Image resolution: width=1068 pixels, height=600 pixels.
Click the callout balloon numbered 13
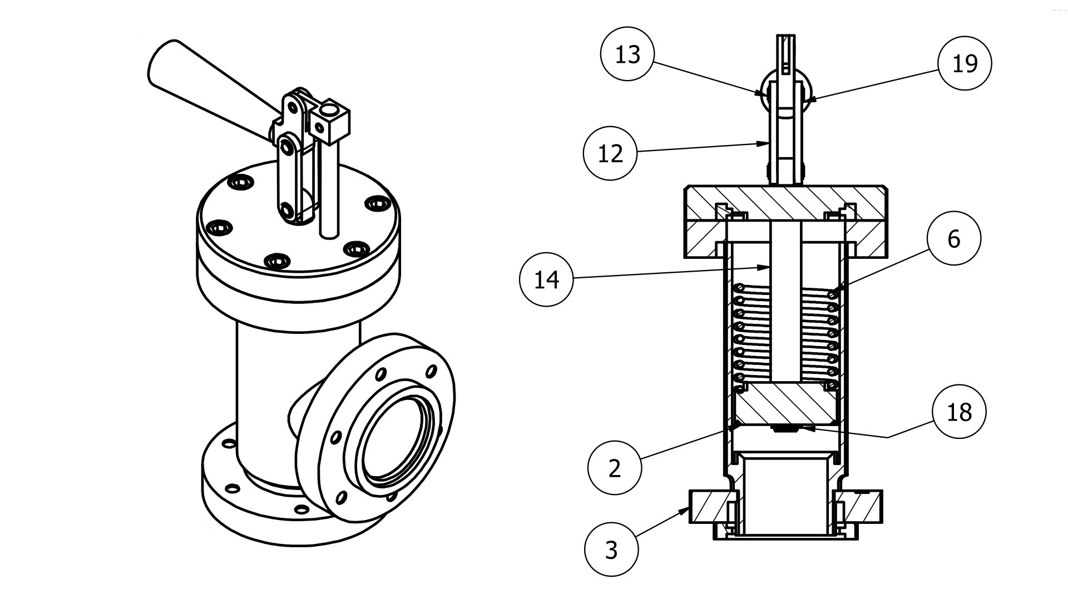click(x=628, y=54)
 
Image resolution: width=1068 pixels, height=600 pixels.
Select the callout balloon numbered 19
click(x=965, y=64)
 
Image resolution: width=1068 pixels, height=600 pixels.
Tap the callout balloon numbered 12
click(x=610, y=153)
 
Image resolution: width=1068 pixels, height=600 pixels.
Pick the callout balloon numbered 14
click(x=546, y=279)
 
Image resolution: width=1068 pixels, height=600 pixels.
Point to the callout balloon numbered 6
click(x=954, y=239)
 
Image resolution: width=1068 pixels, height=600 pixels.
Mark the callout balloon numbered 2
click(x=615, y=468)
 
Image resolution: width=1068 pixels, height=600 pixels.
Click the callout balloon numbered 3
click(x=611, y=550)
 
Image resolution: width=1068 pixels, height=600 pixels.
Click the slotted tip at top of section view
click(x=785, y=53)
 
